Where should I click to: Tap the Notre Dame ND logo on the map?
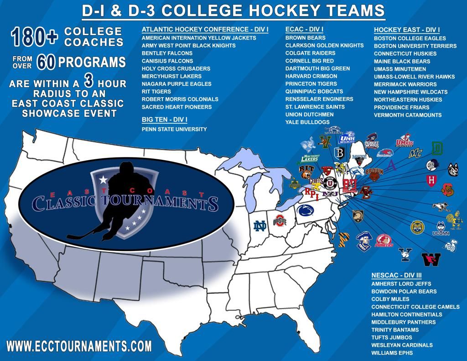click(x=261, y=226)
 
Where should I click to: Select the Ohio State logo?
click(x=279, y=221)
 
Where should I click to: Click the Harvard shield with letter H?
click(x=431, y=180)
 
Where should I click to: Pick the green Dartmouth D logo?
click(x=437, y=148)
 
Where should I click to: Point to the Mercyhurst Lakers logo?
click(x=311, y=158)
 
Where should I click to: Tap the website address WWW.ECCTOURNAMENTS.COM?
click(x=79, y=345)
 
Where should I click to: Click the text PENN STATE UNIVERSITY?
click(x=174, y=129)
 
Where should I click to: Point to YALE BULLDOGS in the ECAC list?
click(x=307, y=122)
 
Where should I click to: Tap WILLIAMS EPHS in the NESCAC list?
click(x=392, y=353)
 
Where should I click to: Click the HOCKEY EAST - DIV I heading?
click(x=407, y=30)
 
